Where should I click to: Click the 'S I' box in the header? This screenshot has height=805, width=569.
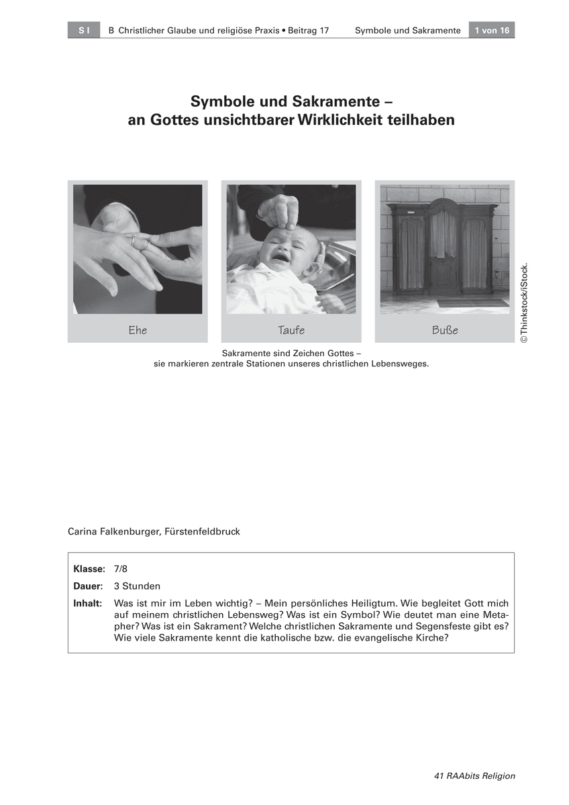pyautogui.click(x=84, y=31)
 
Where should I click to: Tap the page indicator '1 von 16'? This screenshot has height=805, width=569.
pyautogui.click(x=492, y=31)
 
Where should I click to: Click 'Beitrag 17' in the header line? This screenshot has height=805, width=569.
pyautogui.click(x=309, y=31)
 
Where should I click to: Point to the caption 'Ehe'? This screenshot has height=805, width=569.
pyautogui.click(x=138, y=330)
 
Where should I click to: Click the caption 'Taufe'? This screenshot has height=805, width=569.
pyautogui.click(x=291, y=330)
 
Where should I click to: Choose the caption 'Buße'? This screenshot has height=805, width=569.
pyautogui.click(x=445, y=330)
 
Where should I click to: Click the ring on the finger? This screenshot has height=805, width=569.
pyautogui.click(x=134, y=239)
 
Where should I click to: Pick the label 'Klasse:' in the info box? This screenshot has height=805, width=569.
pyautogui.click(x=89, y=569)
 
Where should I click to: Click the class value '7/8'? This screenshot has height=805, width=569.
pyautogui.click(x=121, y=569)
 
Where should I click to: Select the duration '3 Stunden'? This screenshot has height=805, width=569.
pyautogui.click(x=138, y=586)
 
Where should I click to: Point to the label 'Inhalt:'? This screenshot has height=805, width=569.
pyautogui.click(x=88, y=603)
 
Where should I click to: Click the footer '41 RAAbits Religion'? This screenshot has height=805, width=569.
pyautogui.click(x=474, y=775)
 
